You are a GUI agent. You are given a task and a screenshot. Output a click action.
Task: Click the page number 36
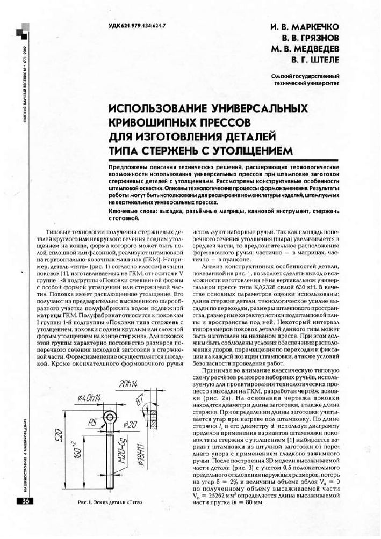click(x=26, y=502)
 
